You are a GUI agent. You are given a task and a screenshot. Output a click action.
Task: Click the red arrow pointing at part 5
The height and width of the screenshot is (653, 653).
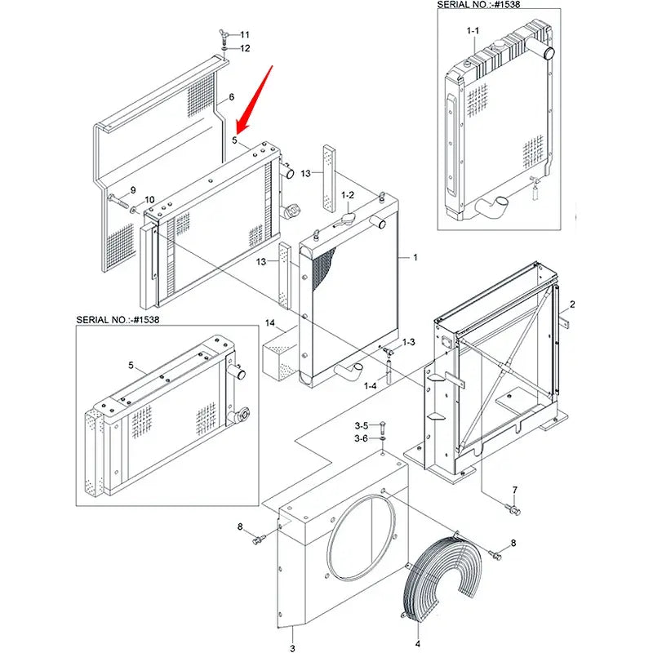coord(252,99)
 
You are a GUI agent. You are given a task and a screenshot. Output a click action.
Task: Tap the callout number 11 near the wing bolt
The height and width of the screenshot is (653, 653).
coord(245,34)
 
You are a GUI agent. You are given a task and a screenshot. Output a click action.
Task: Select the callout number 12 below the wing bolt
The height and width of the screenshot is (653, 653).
coord(245,49)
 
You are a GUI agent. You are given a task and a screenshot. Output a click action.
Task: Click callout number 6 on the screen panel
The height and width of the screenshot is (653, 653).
coord(231,97)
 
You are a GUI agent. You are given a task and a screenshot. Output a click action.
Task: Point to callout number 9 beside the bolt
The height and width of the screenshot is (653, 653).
coord(132,189)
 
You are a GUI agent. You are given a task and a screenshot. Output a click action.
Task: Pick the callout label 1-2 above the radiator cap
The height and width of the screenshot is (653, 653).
coord(348,194)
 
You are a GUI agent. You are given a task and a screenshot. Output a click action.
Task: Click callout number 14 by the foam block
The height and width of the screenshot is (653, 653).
coord(269,324)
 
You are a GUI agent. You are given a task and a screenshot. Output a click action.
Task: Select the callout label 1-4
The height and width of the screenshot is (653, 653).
coord(370,385)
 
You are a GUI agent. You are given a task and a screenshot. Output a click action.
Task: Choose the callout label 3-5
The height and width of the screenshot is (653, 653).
coord(361,425)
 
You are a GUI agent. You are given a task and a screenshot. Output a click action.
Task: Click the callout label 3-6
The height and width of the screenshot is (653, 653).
coord(361,438)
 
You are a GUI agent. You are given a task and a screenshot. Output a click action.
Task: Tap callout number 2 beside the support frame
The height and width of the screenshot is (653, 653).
coord(572,304)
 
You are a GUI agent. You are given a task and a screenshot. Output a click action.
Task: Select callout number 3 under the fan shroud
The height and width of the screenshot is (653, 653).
coord(292,648)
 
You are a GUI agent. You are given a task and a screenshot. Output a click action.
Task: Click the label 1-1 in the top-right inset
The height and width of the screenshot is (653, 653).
coord(473,30)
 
